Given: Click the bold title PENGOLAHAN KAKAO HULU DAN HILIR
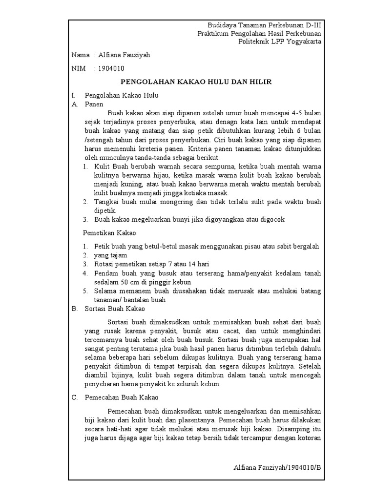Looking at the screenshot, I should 196,82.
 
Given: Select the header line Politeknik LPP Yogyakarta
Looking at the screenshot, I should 280,42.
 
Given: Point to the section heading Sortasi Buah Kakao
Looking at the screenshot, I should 115,309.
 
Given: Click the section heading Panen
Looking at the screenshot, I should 94,104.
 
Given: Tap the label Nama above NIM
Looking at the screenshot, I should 81,55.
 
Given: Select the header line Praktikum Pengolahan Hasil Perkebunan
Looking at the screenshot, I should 259,33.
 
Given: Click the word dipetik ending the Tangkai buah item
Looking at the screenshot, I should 105,210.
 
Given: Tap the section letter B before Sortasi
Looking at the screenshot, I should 74,309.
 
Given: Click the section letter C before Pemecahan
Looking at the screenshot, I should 74,397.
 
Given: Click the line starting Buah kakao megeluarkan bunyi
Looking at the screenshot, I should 189,219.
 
